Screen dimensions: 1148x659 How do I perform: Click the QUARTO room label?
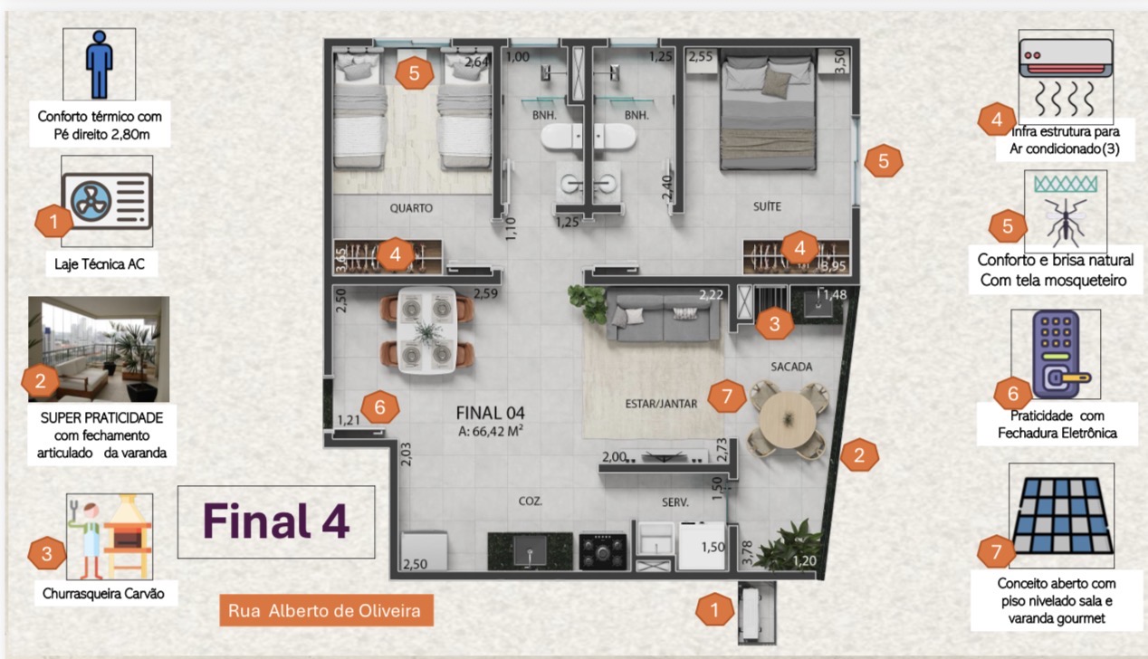tap(411, 208)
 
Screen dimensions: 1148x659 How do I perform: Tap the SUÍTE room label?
tap(767, 206)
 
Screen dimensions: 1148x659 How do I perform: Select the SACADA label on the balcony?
tap(791, 367)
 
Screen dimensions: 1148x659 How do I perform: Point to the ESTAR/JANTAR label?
tap(661, 404)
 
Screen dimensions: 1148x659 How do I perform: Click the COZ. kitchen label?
tap(530, 501)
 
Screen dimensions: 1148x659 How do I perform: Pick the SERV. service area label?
tap(675, 502)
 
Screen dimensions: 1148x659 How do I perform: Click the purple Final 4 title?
tap(276, 521)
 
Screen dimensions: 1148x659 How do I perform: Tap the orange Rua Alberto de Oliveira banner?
tap(327, 610)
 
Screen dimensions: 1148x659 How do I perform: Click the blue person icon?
tap(100, 64)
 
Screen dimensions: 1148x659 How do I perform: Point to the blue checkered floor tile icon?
tap(1062, 515)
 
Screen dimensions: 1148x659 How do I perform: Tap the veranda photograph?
tap(99, 349)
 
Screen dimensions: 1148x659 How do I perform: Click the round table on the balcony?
tap(788, 420)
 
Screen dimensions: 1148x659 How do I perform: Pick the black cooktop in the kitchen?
tap(603, 551)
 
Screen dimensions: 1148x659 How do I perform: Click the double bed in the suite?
tap(768, 113)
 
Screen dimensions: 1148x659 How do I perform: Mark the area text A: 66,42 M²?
tap(491, 431)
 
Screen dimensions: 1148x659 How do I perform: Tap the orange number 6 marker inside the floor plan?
tap(379, 406)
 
